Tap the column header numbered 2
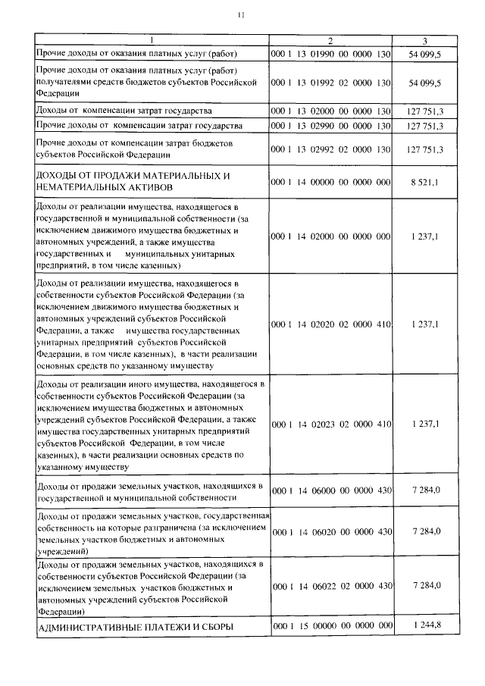click(330, 40)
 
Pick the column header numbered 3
click(425, 40)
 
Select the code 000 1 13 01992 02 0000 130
click(330, 82)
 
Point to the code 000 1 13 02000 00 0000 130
click(330, 110)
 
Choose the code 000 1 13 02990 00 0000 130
click(330, 124)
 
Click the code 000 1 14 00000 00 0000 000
click(330, 182)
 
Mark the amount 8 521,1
click(425, 182)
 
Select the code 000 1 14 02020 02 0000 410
click(330, 324)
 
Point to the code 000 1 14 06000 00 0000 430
click(330, 490)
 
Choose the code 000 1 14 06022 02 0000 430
click(330, 585)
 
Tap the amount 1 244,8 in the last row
click(427, 625)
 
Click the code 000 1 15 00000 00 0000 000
click(330, 625)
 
